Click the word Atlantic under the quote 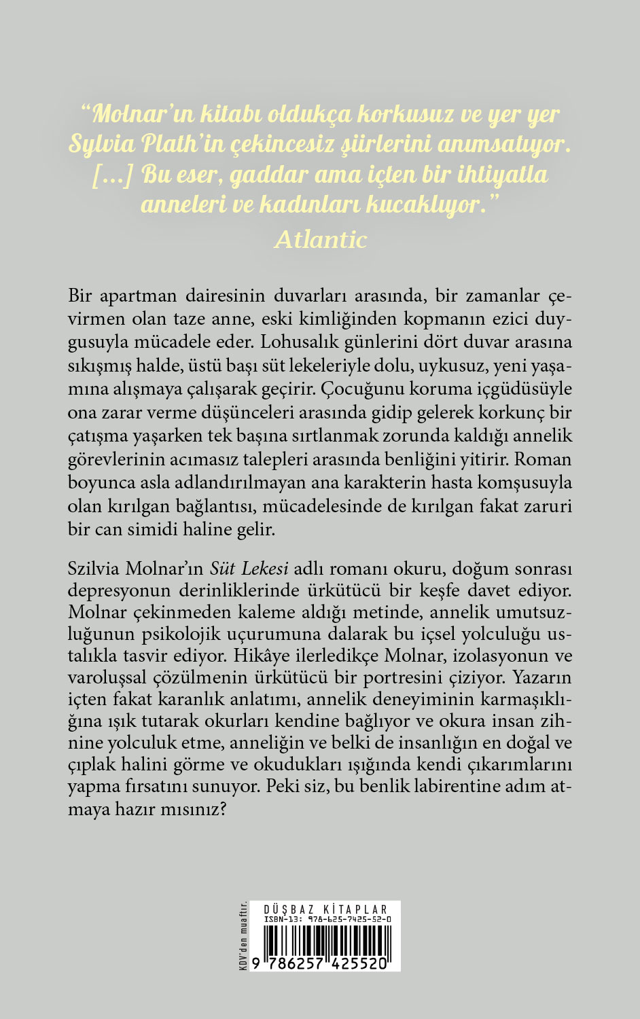[x=321, y=238]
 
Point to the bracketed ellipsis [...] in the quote [x=113, y=175]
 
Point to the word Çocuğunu [x=368, y=390]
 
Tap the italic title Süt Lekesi [x=249, y=568]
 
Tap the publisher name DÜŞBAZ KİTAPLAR [x=324, y=910]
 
